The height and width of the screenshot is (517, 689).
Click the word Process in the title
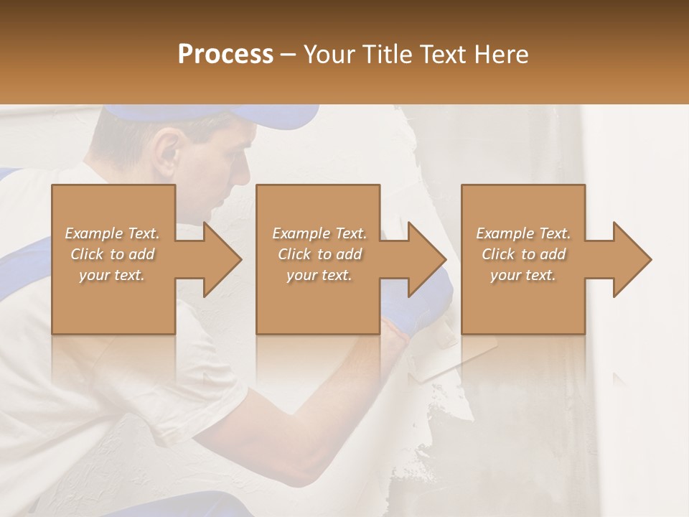point(225,55)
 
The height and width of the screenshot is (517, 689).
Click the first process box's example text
point(113,254)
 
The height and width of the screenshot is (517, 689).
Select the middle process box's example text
point(319,254)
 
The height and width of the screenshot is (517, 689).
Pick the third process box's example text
point(523,254)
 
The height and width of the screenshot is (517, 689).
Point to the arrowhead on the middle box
point(426,259)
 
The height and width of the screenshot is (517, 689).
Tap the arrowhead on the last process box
point(632,259)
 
